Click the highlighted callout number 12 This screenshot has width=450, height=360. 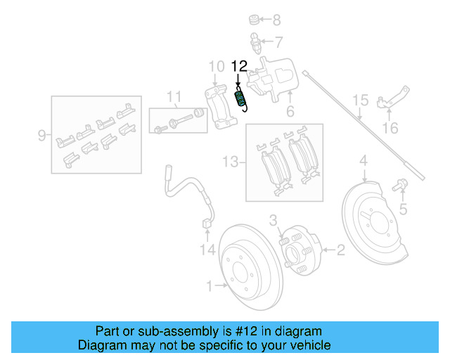point(239,67)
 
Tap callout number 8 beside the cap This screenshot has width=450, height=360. point(276,20)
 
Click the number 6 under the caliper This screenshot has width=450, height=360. point(289,112)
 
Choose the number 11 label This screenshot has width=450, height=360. point(174,96)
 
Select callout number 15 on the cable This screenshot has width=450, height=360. point(360,101)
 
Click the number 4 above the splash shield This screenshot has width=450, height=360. point(364,163)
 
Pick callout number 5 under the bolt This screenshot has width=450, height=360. point(403,209)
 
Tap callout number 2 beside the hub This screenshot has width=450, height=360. point(341,248)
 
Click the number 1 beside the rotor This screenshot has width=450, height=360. point(209,285)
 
